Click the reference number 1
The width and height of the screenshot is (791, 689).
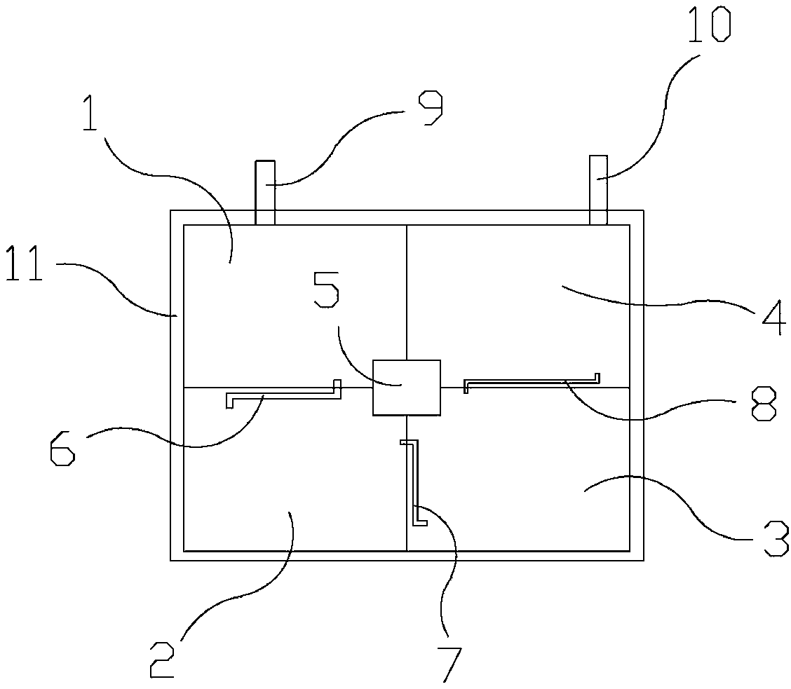click(x=89, y=115)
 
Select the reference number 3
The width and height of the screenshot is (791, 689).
click(x=775, y=538)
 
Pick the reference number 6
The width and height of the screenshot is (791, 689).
click(x=62, y=448)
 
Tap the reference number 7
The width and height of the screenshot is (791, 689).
click(x=450, y=663)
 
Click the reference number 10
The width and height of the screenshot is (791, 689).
click(x=708, y=23)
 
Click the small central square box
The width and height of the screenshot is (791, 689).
click(x=407, y=387)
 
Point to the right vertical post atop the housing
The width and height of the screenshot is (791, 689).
click(x=598, y=189)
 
